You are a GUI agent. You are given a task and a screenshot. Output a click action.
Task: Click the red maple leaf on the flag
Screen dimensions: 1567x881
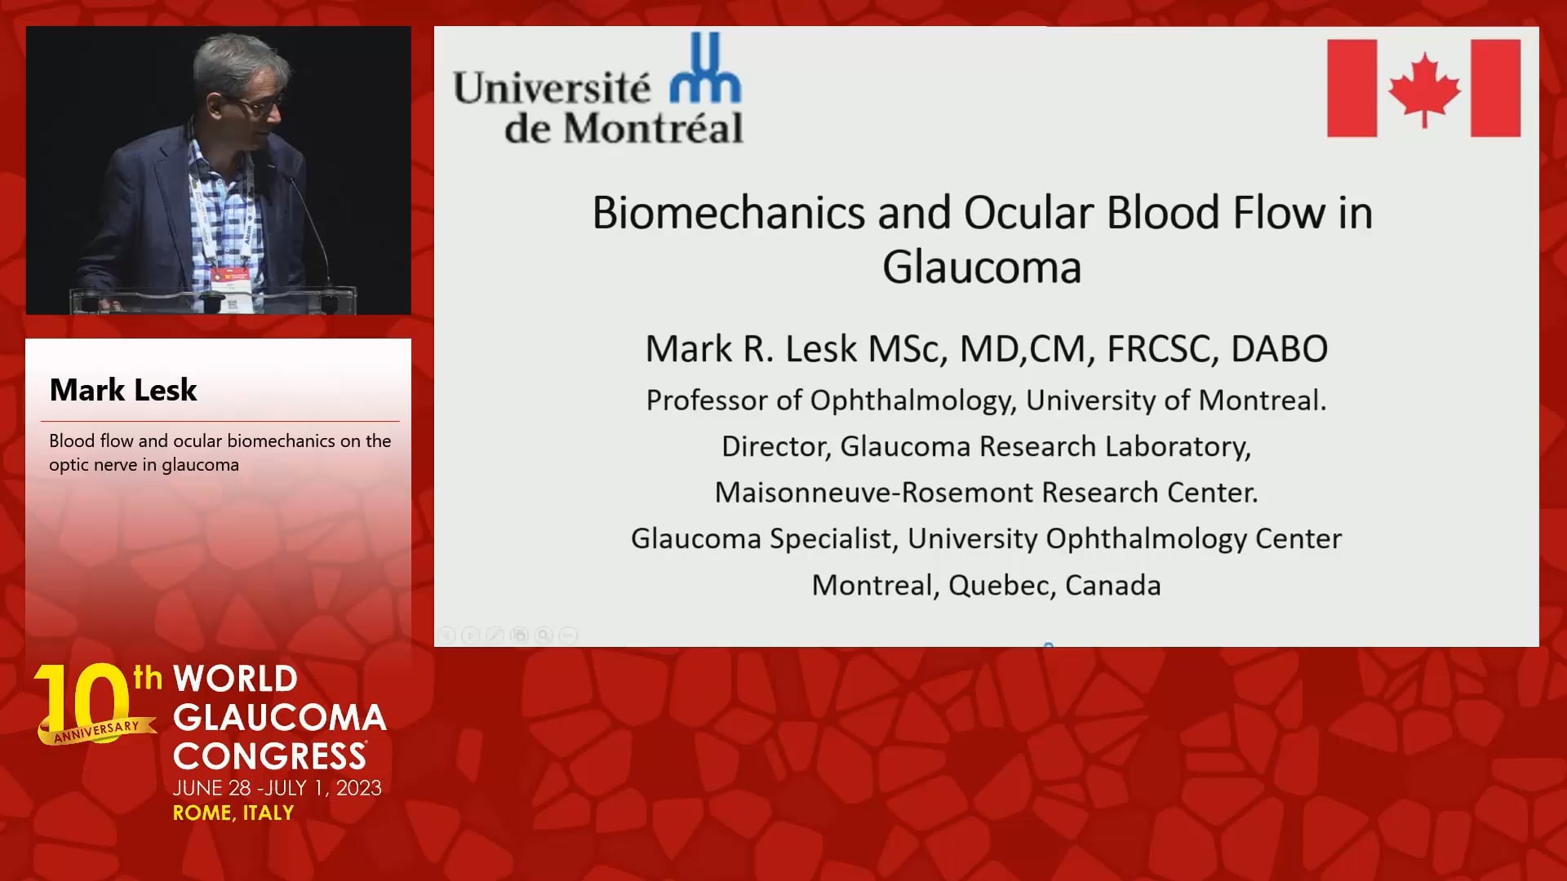pos(1424,89)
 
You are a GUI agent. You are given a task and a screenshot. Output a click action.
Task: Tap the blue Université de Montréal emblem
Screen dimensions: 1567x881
pos(705,68)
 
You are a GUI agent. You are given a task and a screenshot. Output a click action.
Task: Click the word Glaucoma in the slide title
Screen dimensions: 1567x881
pos(982,267)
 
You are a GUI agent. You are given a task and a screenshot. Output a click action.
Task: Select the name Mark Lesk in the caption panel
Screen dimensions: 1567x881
pos(123,390)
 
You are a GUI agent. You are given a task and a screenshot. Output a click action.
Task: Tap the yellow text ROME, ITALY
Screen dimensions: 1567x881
pos(233,812)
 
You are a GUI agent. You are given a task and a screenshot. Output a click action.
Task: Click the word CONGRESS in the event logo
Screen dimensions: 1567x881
pos(269,755)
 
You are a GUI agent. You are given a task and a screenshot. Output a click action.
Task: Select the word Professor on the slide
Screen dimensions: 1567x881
pos(706,401)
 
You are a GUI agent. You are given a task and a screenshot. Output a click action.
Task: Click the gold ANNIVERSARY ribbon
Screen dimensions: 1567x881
pos(96,730)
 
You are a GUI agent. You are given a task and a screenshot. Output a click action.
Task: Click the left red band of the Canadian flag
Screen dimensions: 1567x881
pos(1352,88)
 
